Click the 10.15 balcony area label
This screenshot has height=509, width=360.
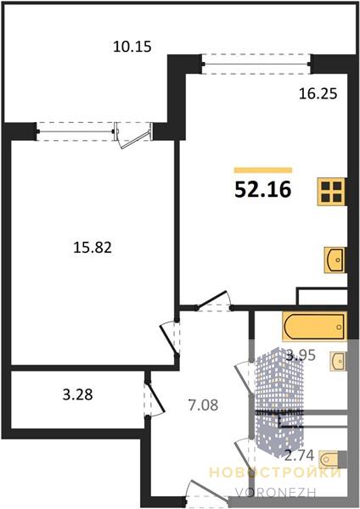(132, 47)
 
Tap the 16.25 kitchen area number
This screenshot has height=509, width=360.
(318, 94)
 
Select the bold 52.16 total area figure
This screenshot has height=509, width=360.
(263, 189)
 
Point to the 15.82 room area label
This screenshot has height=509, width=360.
(93, 248)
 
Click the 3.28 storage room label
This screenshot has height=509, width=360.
(77, 394)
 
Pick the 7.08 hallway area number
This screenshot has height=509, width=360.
(203, 406)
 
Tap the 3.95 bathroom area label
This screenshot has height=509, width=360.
(301, 355)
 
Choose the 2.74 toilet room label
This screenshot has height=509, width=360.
(299, 456)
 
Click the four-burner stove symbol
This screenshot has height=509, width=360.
(331, 192)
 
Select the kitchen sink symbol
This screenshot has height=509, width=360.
(335, 260)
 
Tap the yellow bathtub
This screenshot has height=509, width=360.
(314, 327)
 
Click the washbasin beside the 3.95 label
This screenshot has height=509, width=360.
(338, 361)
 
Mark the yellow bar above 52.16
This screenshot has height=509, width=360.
(263, 171)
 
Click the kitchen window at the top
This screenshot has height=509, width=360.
(256, 64)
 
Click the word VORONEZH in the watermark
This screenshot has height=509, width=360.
(276, 493)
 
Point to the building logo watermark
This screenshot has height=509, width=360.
(279, 403)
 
